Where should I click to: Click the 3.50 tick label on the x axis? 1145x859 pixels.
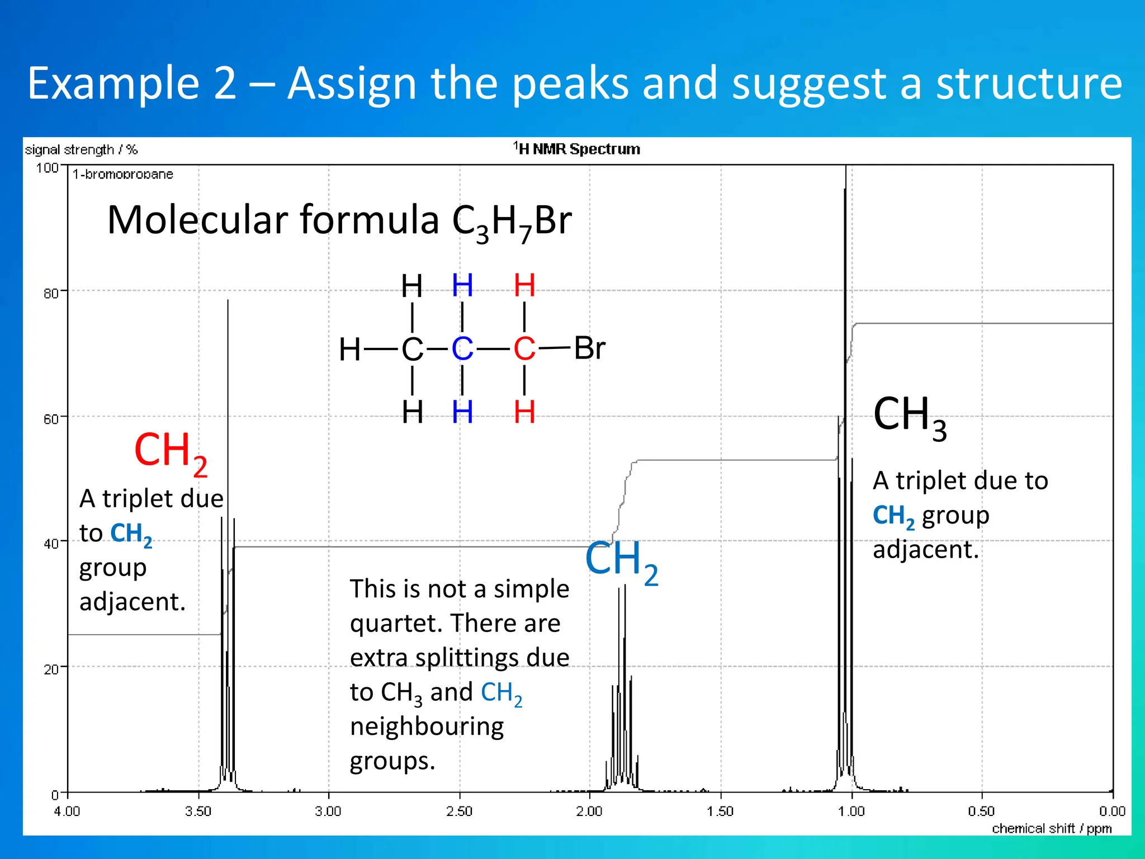click(198, 811)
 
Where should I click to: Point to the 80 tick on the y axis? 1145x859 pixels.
click(51, 293)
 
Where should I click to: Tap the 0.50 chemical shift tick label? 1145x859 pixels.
click(981, 811)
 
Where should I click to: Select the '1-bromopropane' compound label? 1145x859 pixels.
click(123, 174)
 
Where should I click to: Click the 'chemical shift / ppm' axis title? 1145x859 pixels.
click(1052, 828)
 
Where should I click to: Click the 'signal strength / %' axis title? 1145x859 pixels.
click(81, 150)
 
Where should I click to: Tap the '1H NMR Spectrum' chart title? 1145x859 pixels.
click(577, 149)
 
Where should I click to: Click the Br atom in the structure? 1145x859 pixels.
click(589, 348)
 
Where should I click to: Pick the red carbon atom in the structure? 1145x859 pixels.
click(524, 349)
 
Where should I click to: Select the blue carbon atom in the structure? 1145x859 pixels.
click(462, 349)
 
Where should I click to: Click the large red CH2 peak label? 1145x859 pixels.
click(171, 452)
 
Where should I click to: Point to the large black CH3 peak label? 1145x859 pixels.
click(910, 417)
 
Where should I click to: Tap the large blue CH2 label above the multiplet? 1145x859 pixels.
click(621, 561)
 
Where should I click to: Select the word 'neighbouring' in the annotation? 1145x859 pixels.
click(427, 726)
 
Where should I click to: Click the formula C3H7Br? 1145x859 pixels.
click(512, 221)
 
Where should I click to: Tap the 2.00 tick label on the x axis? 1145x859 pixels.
click(589, 811)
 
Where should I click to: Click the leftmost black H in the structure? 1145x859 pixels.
click(350, 350)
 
